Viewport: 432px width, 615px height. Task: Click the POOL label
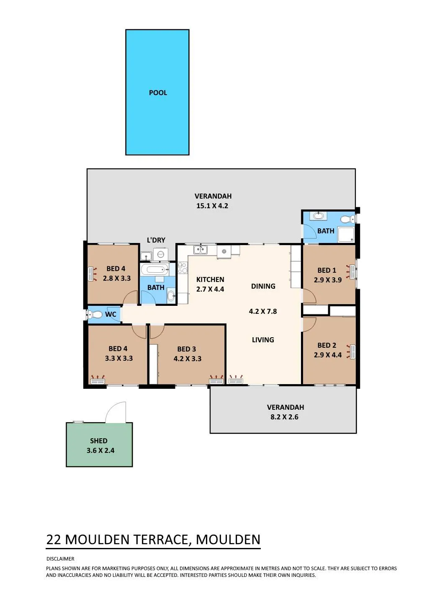(x=158, y=93)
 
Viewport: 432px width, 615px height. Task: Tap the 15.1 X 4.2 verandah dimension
(x=212, y=206)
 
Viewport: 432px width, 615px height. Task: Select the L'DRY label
(x=156, y=240)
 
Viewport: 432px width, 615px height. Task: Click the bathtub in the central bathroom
(x=155, y=270)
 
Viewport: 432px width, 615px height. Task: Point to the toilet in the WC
(x=94, y=314)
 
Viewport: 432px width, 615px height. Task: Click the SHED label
(x=98, y=441)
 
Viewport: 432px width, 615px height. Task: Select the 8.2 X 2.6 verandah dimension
(x=284, y=417)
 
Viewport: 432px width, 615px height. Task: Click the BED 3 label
(x=187, y=349)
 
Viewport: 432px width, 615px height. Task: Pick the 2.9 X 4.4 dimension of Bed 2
(x=328, y=355)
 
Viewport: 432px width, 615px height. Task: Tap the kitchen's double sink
(x=201, y=250)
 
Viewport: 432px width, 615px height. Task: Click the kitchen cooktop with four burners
(x=183, y=268)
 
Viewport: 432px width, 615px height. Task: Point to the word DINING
(x=263, y=286)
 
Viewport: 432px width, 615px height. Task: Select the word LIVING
(x=263, y=340)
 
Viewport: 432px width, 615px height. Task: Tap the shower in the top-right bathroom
(x=346, y=235)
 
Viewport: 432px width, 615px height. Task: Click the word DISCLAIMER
(x=60, y=559)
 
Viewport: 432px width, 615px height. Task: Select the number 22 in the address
(x=54, y=540)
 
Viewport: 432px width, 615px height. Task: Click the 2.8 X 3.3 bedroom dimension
(x=116, y=278)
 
